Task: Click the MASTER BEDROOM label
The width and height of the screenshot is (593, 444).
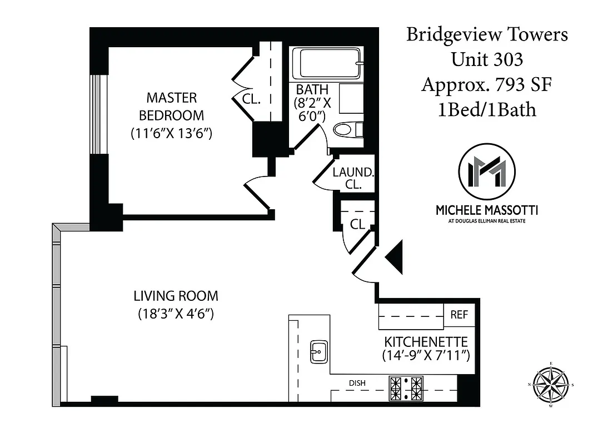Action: coord(171,107)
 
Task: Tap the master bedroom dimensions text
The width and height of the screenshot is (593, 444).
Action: coord(172,134)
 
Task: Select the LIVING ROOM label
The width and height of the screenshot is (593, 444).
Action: coord(176,296)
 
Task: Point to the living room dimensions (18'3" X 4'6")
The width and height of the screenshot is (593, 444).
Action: coord(176,314)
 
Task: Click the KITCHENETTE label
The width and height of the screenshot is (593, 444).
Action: coord(426,341)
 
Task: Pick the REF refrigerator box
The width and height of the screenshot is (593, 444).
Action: coord(459,315)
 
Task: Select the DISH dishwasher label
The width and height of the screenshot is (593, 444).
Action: coord(357,382)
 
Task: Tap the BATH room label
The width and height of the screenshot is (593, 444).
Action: coord(312,89)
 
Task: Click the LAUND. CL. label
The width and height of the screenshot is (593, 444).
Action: coord(353,178)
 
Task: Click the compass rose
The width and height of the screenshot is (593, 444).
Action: coord(551,385)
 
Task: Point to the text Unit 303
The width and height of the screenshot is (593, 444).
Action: coord(486,59)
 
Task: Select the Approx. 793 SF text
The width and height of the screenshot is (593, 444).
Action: coord(486,84)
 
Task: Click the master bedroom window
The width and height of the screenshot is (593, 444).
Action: coord(98,113)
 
